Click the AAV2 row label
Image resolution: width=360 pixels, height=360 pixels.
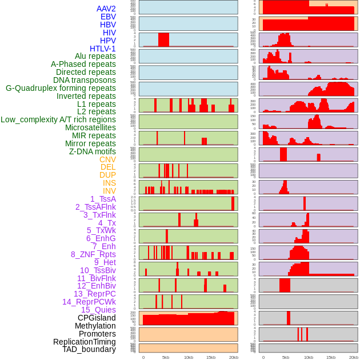pyautogui.click(x=106, y=9)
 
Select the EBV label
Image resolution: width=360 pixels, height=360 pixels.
pyautogui.click(x=108, y=17)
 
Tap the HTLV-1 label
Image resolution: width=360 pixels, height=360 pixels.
pyautogui.click(x=103, y=49)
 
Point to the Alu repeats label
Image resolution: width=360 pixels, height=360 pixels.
pyautogui.click(x=95, y=56)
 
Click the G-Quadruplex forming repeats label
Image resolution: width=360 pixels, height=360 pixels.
pyautogui.click(x=61, y=88)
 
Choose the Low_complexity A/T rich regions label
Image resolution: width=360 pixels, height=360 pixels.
pyautogui.click(x=58, y=119)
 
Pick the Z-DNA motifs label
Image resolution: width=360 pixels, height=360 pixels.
pyautogui.click(x=93, y=151)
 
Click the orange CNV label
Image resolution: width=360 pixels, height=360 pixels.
pyautogui.click(x=107, y=159)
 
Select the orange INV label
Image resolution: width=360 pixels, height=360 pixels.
pyautogui.click(x=109, y=191)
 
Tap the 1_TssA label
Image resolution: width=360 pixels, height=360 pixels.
pyautogui.click(x=103, y=199)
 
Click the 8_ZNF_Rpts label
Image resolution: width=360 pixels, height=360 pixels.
pyautogui.click(x=93, y=254)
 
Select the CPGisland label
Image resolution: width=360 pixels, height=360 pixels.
pyautogui.click(x=97, y=318)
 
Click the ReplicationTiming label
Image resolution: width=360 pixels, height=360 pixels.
pyautogui.click(x=85, y=342)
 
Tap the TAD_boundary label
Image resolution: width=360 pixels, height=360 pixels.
pyautogui.click(x=89, y=349)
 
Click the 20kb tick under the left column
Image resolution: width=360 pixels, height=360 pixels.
pyautogui.click(x=234, y=357)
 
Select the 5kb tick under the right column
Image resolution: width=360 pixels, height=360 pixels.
pyautogui.click(x=286, y=357)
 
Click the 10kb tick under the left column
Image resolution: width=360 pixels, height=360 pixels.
pyautogui.click(x=188, y=357)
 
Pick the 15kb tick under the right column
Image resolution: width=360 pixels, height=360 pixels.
pyautogui.click(x=331, y=357)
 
